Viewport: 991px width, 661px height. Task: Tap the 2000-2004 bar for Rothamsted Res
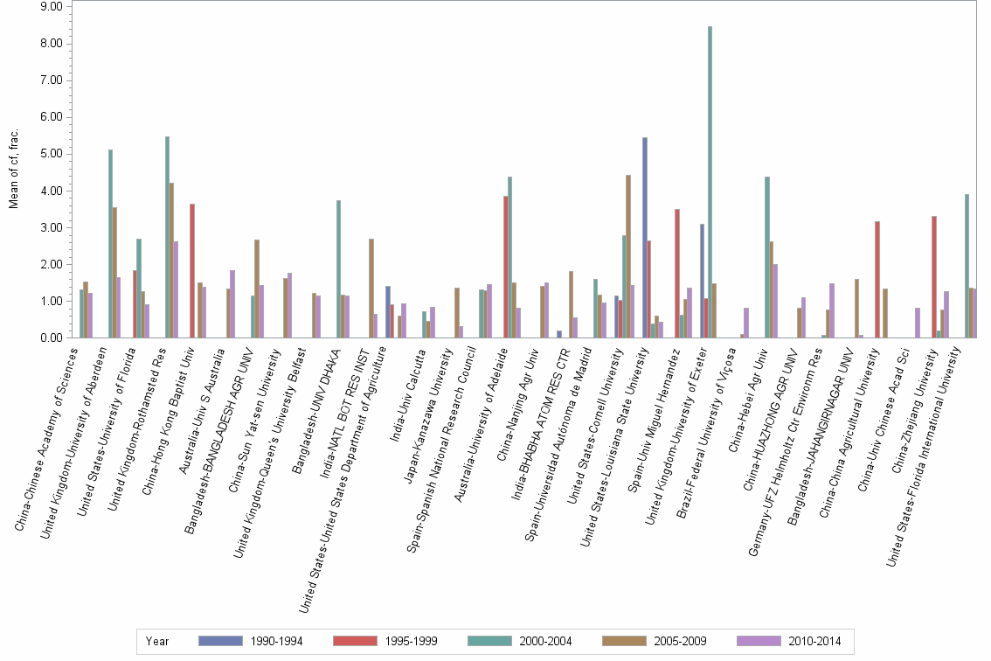point(167,237)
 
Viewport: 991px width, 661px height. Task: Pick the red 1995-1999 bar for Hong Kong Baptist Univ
point(192,271)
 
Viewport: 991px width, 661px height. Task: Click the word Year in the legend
point(157,641)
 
